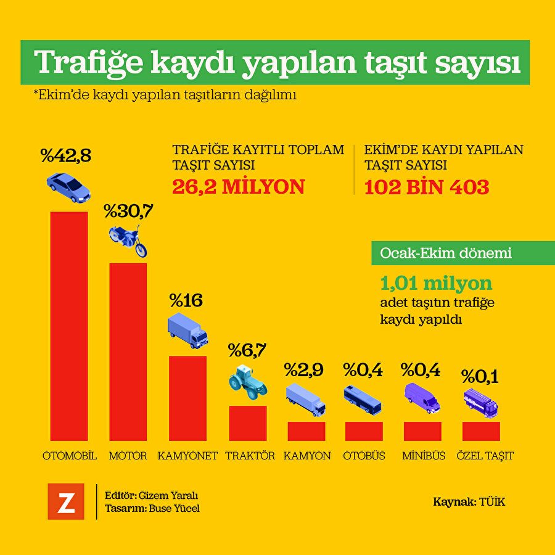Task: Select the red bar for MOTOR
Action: point(128,351)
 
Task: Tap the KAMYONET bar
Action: point(187,398)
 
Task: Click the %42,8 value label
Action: point(66,156)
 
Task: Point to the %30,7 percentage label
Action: point(128,211)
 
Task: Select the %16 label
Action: point(186,301)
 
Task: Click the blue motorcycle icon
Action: point(128,240)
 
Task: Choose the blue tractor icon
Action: point(247,380)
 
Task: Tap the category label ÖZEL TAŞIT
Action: point(485,456)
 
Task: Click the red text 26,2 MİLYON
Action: point(238,187)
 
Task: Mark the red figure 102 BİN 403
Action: point(427,187)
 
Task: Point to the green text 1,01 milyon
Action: point(436,284)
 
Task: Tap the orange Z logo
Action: point(66,501)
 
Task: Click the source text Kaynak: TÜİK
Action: point(469,502)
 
